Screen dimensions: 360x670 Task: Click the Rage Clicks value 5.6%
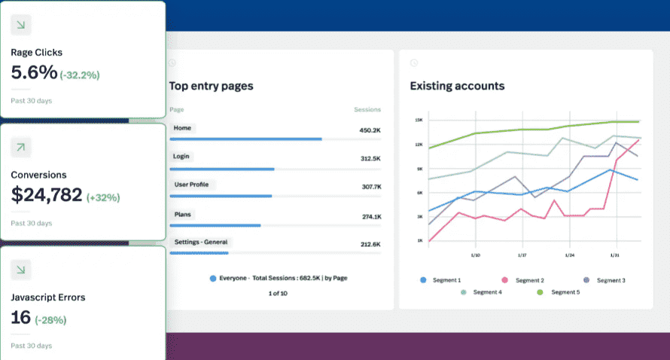coord(34,73)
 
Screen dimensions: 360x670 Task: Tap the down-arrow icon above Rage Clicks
coord(21,25)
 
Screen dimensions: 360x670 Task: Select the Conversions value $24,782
coord(47,196)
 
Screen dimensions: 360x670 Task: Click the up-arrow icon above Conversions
coord(21,148)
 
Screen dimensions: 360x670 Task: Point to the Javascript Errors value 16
coord(21,318)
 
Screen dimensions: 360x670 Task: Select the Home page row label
coord(182,128)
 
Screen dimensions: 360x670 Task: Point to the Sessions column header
coord(367,110)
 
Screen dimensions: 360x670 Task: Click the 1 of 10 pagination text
coord(278,293)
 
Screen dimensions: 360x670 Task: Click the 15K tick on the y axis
coord(419,121)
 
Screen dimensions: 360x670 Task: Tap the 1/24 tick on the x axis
coord(569,255)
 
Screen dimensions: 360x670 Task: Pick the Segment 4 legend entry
coord(485,291)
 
